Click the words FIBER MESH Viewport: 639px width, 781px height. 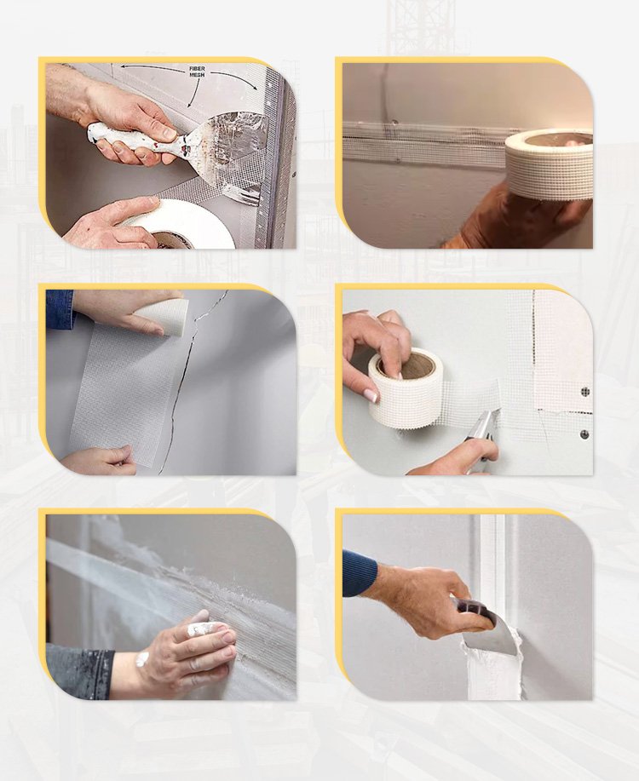coord(197,72)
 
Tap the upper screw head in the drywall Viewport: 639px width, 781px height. coord(584,392)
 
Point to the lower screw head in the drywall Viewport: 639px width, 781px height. coord(584,434)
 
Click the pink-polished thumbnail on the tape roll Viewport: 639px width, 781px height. coord(370,395)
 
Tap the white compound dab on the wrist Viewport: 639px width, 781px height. coord(142,659)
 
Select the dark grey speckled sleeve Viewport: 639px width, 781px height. coord(80,671)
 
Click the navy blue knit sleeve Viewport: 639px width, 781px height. coord(360,573)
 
